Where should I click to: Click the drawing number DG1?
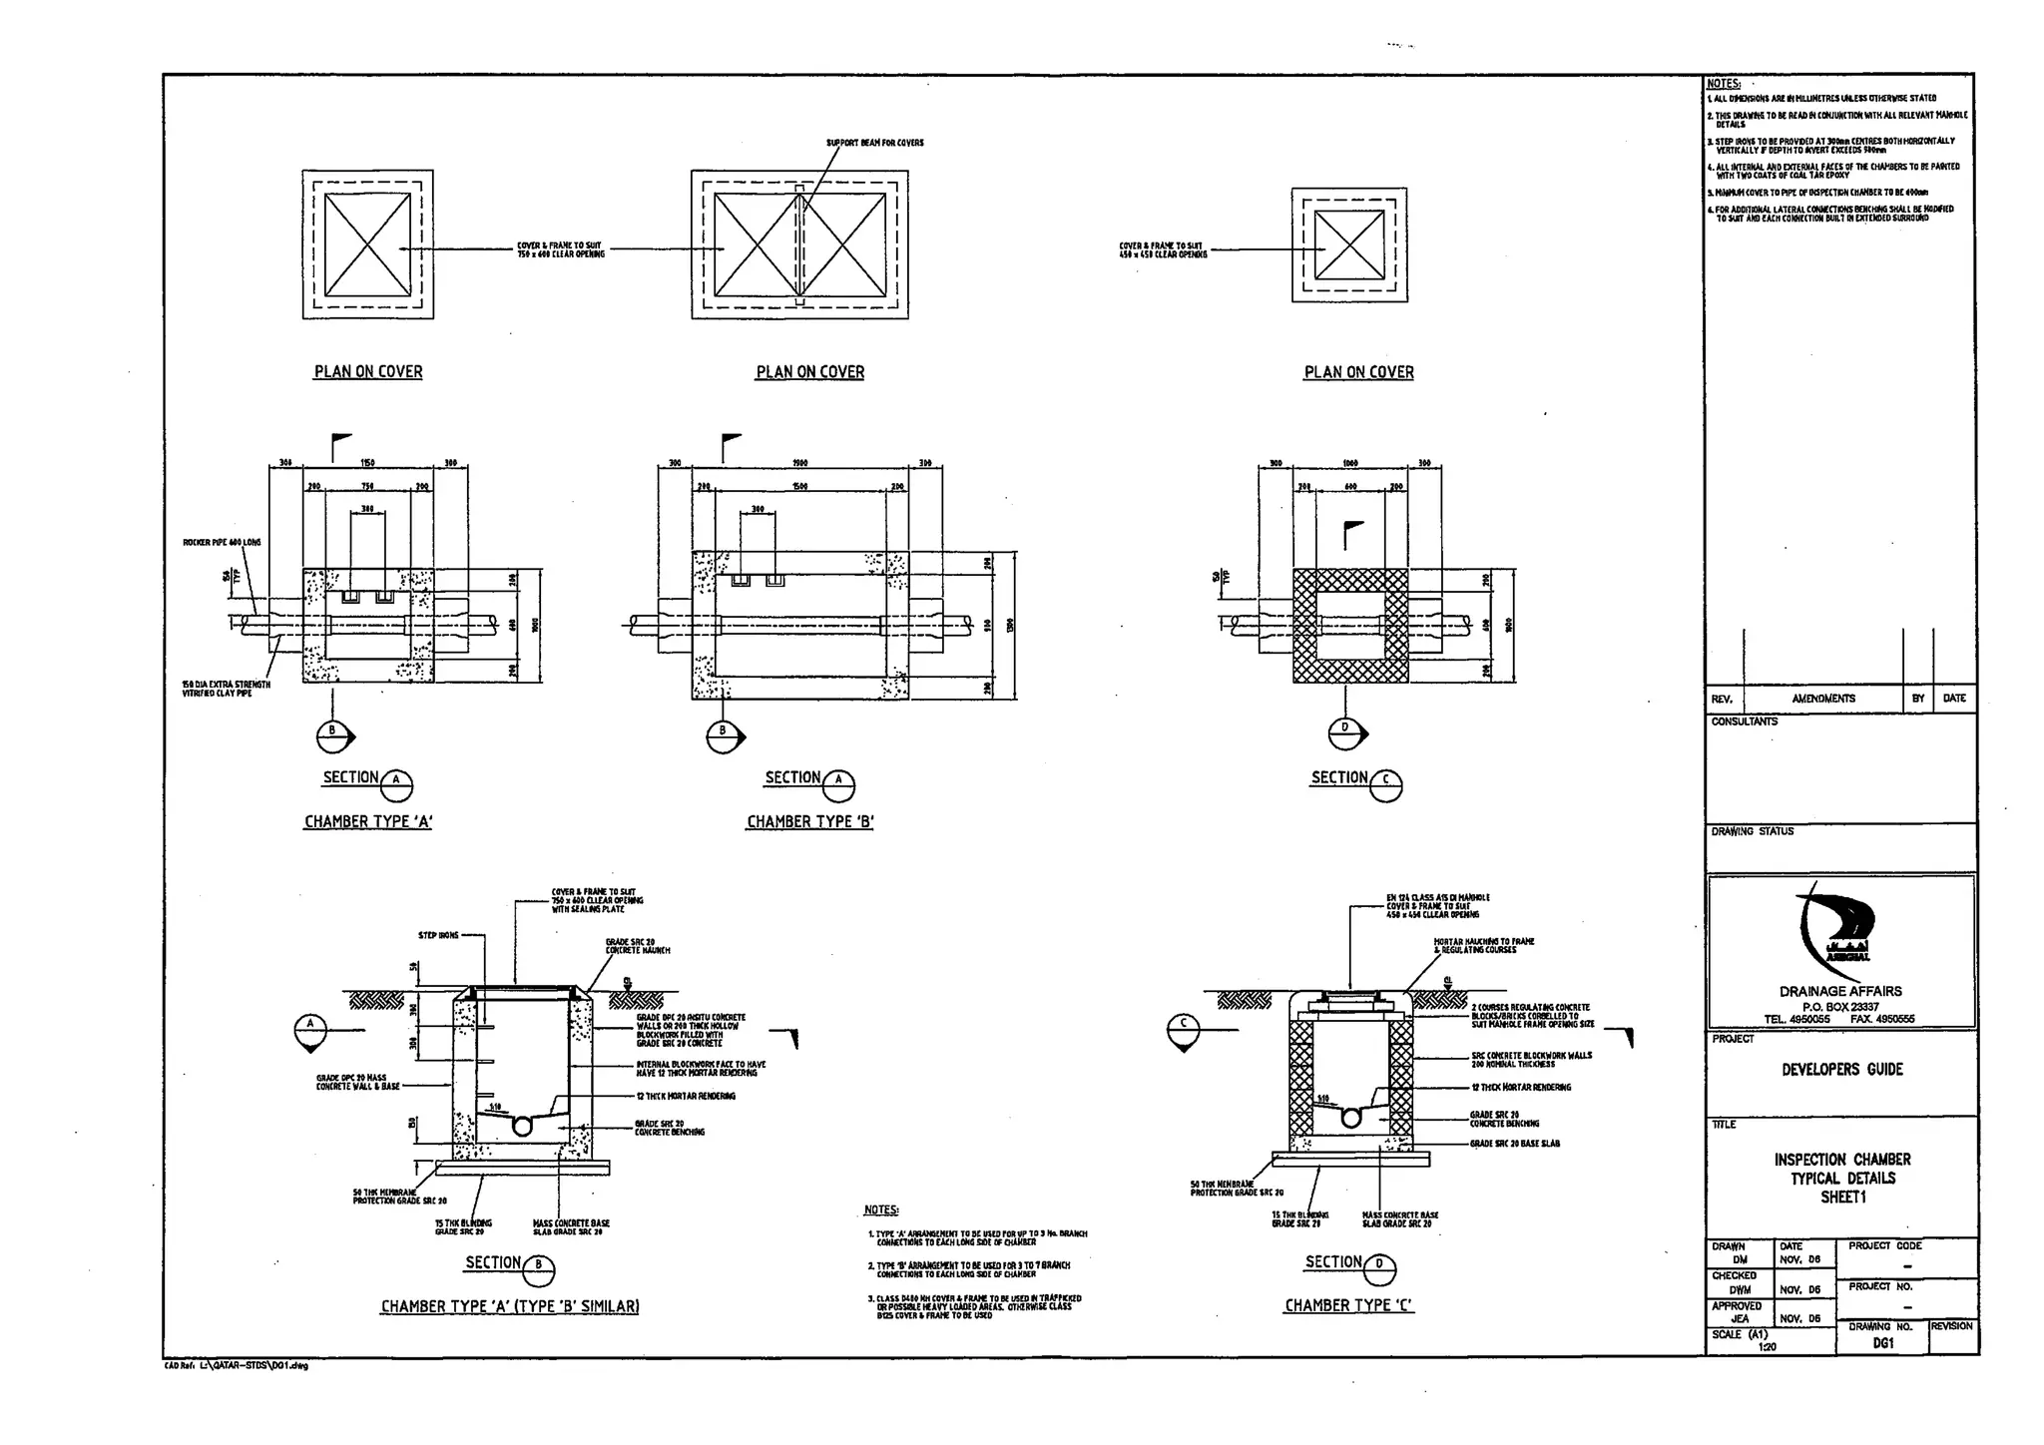click(x=1882, y=1343)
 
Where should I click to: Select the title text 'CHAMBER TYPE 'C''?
click(x=1348, y=1305)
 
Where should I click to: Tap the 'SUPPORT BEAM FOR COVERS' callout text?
click(x=874, y=143)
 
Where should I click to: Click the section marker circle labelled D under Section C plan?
click(x=1344, y=733)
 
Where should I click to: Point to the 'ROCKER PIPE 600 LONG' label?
click(x=222, y=543)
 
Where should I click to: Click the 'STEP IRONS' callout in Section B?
click(x=438, y=936)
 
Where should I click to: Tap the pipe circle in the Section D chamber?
click(x=1350, y=1118)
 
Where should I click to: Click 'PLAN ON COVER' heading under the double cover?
click(x=809, y=372)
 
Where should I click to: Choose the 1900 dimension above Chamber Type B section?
click(x=799, y=463)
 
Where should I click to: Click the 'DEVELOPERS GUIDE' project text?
click(x=1842, y=1070)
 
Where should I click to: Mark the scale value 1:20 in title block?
click(x=1767, y=1346)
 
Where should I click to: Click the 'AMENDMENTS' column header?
click(x=1822, y=699)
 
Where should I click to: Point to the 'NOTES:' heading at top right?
click(x=1724, y=84)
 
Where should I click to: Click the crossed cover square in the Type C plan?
click(x=1348, y=245)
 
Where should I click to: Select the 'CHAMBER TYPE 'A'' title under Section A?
click(x=368, y=822)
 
